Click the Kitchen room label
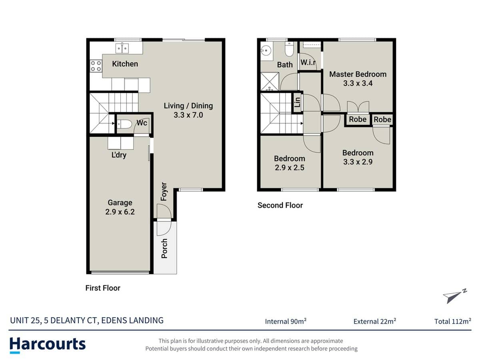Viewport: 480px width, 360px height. (x=125, y=64)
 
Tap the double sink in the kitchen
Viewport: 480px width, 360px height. (x=122, y=49)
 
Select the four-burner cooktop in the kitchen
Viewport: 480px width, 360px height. (x=96, y=66)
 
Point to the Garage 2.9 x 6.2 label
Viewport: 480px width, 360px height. (x=120, y=208)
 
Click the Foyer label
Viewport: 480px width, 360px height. (x=164, y=192)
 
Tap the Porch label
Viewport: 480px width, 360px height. (x=164, y=248)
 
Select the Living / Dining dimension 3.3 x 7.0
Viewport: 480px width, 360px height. (x=188, y=115)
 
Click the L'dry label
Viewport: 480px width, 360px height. (x=119, y=155)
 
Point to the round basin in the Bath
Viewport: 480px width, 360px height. (x=265, y=51)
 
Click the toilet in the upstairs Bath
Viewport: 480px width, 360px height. (x=289, y=50)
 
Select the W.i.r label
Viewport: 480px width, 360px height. (x=308, y=62)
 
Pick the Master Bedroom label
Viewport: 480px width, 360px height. (x=358, y=74)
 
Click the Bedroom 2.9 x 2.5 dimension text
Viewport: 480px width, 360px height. (x=289, y=168)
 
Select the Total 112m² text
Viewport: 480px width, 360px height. (x=452, y=321)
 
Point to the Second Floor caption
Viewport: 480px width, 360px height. (x=280, y=205)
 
